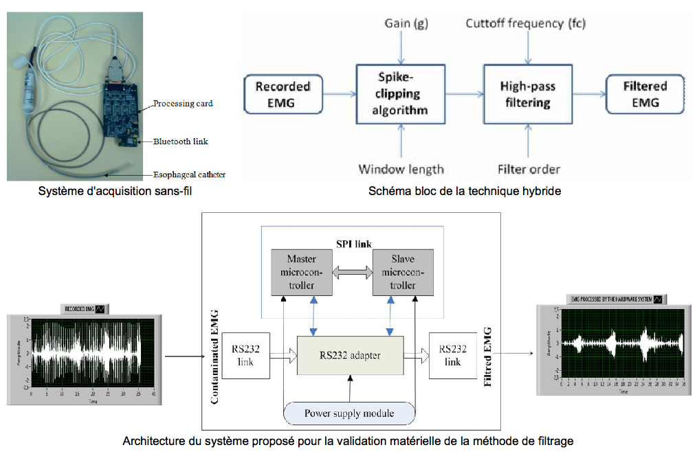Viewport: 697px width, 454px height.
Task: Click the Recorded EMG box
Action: click(283, 95)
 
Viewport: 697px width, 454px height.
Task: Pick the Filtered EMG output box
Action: click(645, 95)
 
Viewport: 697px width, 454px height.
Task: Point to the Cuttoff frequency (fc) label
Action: click(525, 23)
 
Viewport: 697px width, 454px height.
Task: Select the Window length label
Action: click(401, 169)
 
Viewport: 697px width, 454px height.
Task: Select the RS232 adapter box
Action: click(350, 355)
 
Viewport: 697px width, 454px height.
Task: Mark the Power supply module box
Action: click(350, 413)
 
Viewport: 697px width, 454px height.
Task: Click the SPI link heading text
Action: click(352, 242)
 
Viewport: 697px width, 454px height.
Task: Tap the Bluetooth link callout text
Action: click(180, 141)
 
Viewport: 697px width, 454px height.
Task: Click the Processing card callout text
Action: click(183, 104)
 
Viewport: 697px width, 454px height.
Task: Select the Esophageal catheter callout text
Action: click(189, 174)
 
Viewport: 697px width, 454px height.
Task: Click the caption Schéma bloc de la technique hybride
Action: click(464, 192)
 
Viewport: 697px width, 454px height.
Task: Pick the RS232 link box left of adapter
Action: click(246, 355)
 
